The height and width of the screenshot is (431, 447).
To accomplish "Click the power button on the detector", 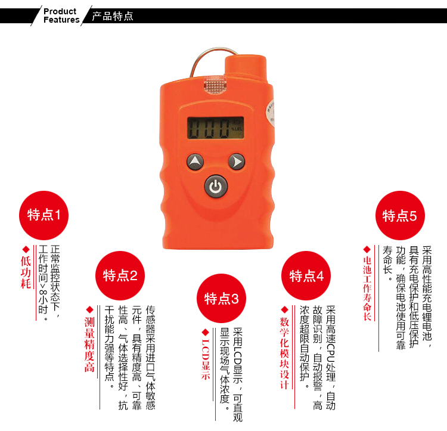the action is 216,186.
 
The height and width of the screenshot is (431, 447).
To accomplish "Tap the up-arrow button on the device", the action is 195,162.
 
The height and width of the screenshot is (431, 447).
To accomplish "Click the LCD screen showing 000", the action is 215,128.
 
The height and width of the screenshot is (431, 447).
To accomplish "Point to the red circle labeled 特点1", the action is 44,215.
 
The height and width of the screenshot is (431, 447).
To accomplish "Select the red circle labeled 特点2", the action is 120,275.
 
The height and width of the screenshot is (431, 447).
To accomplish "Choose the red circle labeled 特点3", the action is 221,299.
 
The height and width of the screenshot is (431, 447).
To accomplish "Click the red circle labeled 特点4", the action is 306,275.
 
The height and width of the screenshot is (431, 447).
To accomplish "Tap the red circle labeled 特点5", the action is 400,215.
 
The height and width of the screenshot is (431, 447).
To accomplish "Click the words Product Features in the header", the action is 61,15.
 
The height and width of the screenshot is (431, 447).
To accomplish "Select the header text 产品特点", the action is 113,16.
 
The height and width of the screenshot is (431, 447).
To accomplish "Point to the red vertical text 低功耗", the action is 26,272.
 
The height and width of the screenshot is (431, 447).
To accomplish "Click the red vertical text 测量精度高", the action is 89,345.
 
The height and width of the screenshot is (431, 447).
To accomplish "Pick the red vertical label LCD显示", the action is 206,359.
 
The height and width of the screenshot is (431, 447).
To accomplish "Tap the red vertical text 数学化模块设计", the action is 284,353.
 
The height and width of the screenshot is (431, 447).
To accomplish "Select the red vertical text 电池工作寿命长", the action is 367,289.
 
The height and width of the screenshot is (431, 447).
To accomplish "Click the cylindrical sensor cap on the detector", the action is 246,68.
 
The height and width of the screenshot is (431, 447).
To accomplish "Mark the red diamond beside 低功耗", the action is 26,249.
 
